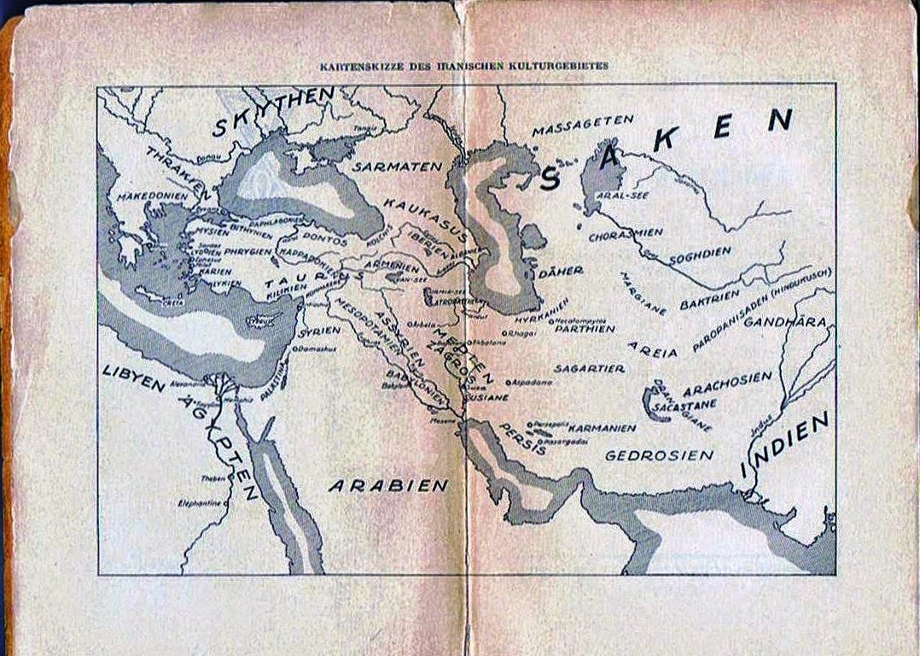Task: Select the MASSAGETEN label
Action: pos(582,126)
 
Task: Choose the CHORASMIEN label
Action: pos(626,232)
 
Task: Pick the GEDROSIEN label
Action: pos(658,455)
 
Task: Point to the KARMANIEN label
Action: pos(602,427)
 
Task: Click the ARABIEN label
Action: pos(388,485)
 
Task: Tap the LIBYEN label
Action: pos(134,378)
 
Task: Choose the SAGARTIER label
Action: pos(589,368)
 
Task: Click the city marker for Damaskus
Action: pos(294,348)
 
